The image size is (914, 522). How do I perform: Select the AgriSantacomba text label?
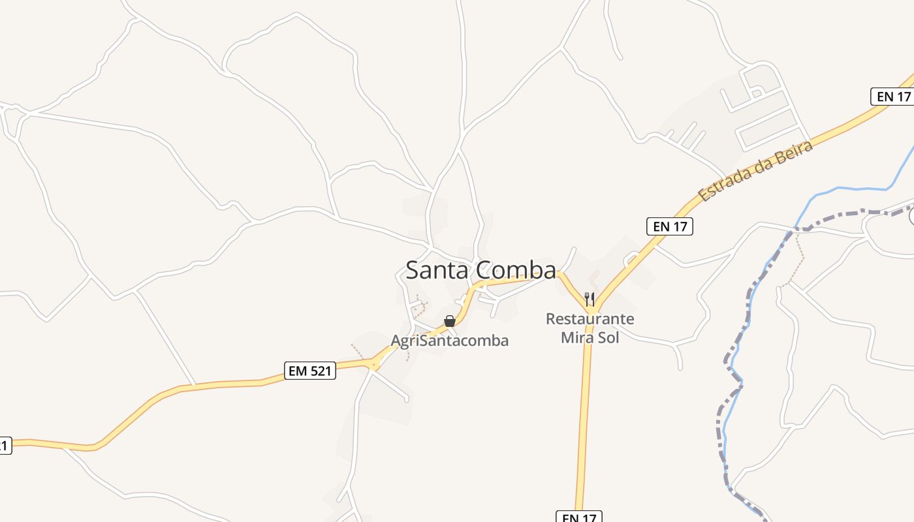(449, 341)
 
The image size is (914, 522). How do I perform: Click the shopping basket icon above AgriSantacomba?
(449, 321)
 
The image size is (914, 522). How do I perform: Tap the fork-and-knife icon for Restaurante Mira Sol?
(590, 299)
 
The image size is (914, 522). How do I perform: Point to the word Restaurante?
(590, 319)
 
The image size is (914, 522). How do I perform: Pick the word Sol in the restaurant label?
(608, 338)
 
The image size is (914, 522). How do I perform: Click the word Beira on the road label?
(796, 153)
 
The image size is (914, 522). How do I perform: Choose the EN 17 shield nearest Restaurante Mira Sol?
(670, 226)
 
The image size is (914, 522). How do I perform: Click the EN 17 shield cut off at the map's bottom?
(578, 516)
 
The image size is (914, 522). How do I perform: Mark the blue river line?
(849, 189)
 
